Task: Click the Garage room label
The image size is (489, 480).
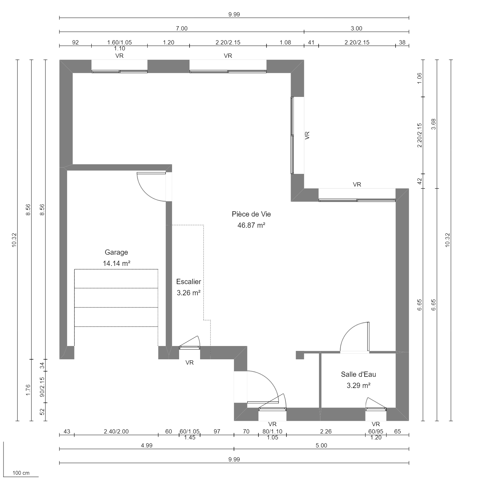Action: pos(116,252)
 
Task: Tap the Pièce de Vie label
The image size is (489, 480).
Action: pos(251,214)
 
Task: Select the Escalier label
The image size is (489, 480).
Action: pos(189,282)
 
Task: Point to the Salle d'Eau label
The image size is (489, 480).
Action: pos(358,374)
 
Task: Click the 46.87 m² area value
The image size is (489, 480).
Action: pos(251,225)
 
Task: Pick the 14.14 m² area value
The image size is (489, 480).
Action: pos(116,263)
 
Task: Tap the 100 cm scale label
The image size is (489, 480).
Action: pos(21,473)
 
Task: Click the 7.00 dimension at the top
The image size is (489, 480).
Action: pos(182,28)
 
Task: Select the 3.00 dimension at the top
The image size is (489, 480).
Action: pos(356,28)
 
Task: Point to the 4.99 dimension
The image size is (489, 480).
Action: pos(147,445)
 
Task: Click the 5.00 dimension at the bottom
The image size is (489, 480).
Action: pos(321,445)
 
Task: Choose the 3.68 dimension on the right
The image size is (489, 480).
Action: pos(434,124)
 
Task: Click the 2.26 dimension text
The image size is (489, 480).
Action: pos(326,431)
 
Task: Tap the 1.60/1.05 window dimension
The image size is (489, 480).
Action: pos(119,42)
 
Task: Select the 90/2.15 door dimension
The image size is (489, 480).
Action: pos(42,387)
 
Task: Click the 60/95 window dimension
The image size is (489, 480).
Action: pos(376,431)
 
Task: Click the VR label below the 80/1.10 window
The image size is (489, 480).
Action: pos(272,424)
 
